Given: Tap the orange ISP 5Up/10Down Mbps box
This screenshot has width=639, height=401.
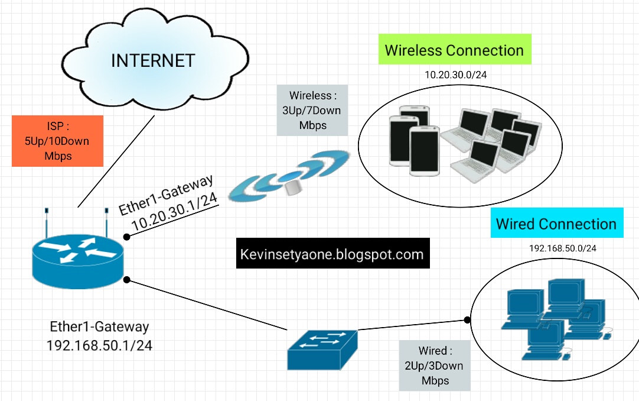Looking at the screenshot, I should tap(57, 141).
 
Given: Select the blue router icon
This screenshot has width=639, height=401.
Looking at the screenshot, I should tap(77, 254).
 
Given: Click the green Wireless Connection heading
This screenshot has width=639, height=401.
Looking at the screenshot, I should tap(454, 50).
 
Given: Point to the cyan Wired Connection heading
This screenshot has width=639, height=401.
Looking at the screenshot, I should tap(556, 224).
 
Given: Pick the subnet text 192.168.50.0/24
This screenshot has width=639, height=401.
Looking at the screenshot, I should tap(562, 248).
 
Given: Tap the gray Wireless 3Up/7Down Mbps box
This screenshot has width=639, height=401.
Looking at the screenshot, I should tap(312, 110).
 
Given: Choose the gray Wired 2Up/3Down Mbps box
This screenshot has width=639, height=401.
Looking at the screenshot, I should tap(434, 366).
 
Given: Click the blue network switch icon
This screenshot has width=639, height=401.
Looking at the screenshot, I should tap(322, 349).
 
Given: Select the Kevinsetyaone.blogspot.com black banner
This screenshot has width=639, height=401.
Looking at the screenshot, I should tap(332, 254).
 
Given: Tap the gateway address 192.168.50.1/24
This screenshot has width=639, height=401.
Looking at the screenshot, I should tap(99, 345).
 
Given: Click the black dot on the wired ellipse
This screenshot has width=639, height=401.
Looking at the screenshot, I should tap(467, 320).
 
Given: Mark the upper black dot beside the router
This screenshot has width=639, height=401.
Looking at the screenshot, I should tap(127, 237).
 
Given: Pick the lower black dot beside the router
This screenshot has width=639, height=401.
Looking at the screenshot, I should tap(126, 279).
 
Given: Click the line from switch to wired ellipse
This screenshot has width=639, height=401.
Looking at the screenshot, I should tap(413, 325).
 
